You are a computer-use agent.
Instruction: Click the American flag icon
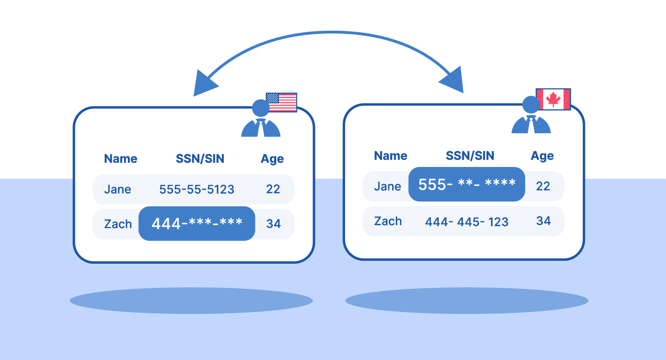click(281, 102)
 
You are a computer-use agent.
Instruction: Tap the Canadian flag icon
click(553, 99)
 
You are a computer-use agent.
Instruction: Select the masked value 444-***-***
click(197, 224)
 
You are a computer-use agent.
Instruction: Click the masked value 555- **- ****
click(466, 184)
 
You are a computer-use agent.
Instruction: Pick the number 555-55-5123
click(197, 189)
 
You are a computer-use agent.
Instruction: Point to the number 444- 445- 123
click(466, 222)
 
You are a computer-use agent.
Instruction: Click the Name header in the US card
click(120, 159)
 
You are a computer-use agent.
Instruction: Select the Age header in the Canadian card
click(542, 156)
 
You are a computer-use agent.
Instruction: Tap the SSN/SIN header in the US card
click(200, 159)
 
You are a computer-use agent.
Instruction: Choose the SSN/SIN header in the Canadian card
click(470, 156)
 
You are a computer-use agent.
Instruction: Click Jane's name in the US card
click(117, 189)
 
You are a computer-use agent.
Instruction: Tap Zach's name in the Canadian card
click(388, 221)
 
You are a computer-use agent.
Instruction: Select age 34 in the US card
click(273, 224)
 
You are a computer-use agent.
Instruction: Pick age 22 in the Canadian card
click(543, 186)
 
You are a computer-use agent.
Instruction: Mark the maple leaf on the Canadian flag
click(553, 99)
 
